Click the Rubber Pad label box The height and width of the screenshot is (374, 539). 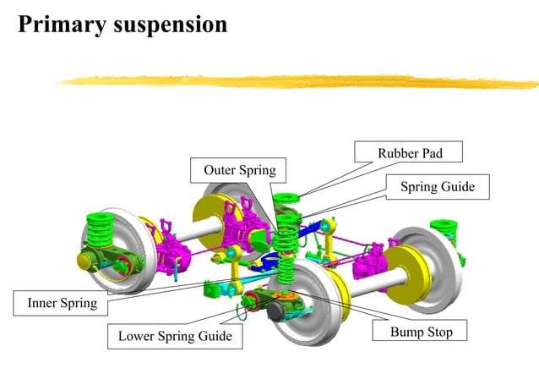point(410,153)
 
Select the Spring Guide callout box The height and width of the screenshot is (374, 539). point(437,186)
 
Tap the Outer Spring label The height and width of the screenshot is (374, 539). point(239,170)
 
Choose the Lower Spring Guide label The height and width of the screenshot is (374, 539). point(175,336)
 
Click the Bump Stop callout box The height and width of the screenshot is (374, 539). point(421,332)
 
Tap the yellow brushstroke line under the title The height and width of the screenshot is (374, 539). point(296,81)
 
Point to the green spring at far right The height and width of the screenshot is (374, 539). point(444,230)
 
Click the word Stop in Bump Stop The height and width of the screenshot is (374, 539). point(438,332)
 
